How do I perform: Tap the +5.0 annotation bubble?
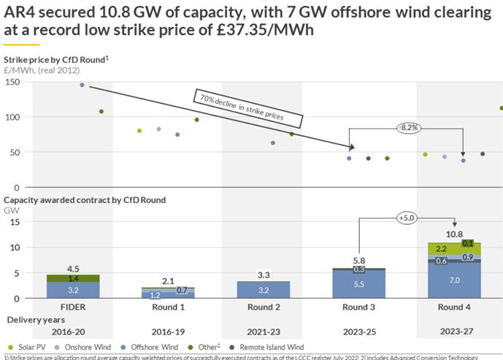[x=406, y=218]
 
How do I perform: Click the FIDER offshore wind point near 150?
[x=82, y=85]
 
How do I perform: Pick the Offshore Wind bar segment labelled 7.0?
[x=454, y=280]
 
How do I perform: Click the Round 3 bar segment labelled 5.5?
[x=358, y=283]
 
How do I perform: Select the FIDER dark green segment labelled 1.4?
[x=74, y=278]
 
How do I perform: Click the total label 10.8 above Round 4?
[x=454, y=234]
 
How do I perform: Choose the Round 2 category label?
[x=264, y=307]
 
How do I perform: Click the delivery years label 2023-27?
[x=453, y=331]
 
